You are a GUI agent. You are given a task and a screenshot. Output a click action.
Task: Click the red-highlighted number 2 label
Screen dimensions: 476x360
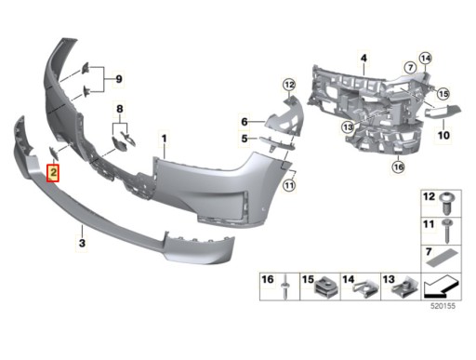tap(53, 173)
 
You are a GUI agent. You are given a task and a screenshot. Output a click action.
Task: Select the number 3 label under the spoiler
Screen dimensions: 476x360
tap(82, 243)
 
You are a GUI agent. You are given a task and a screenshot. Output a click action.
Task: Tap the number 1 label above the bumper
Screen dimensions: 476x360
tap(164, 139)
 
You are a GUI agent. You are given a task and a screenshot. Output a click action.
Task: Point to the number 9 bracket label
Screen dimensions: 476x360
tap(119, 79)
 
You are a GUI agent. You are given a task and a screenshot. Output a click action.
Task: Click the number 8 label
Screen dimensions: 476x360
tap(120, 109)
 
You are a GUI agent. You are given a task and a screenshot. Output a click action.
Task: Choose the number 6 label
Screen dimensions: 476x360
tap(245, 122)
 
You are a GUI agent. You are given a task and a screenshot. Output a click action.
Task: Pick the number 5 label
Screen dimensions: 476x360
tap(245, 139)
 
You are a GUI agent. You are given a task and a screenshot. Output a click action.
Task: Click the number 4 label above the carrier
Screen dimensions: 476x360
tap(364, 58)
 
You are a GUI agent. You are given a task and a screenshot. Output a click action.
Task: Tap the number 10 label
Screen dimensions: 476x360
tap(443, 135)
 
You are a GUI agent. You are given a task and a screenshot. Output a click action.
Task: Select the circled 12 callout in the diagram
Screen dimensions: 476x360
tap(289, 85)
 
